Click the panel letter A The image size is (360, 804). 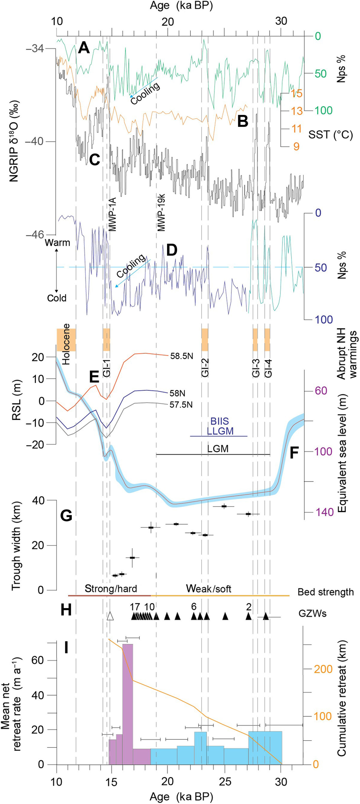click(84, 48)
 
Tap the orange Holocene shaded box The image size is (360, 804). click(66, 340)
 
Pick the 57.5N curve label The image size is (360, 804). click(181, 405)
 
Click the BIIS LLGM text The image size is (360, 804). click(220, 426)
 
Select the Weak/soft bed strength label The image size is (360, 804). click(209, 589)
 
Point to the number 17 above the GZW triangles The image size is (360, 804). click(135, 606)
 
